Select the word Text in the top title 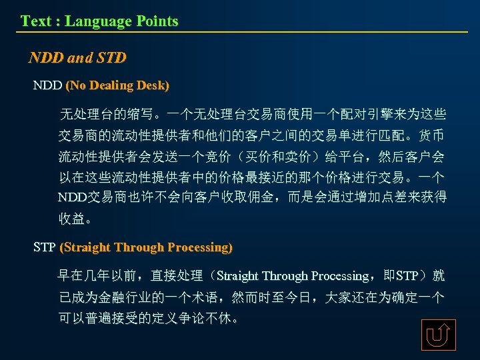[35, 21]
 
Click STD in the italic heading [111, 58]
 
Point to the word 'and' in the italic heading [80, 58]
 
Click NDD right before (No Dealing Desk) [47, 86]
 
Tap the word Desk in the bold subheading [153, 86]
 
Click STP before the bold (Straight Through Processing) [45, 247]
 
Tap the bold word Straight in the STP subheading [86, 247]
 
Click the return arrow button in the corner [438, 335]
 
